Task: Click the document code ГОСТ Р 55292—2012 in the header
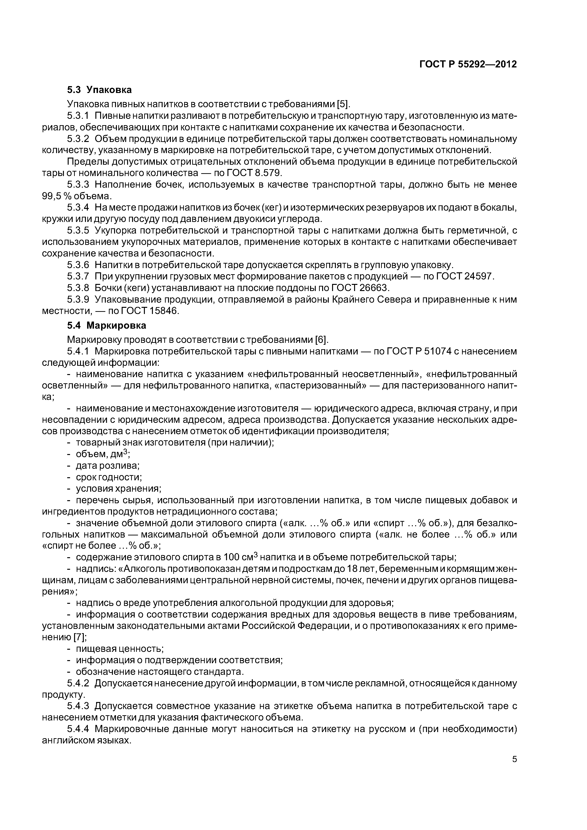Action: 468,64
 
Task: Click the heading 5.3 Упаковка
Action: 99,90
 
